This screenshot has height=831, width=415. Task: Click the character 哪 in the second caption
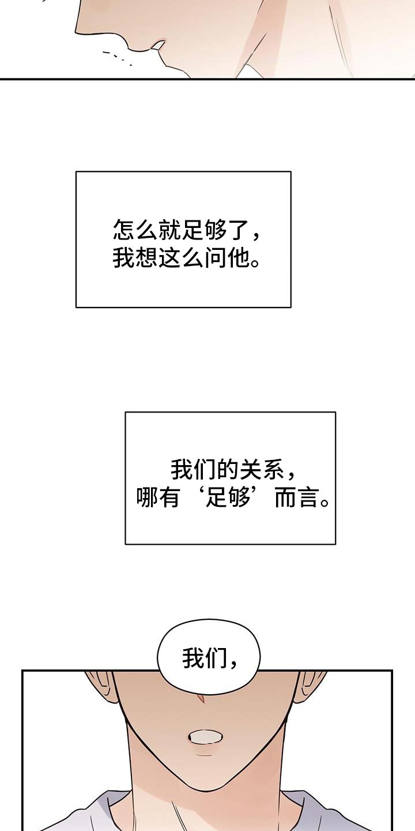click(147, 497)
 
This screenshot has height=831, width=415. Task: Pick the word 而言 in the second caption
click(297, 497)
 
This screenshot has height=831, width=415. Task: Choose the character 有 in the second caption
click(171, 497)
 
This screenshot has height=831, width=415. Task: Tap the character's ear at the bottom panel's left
click(100, 688)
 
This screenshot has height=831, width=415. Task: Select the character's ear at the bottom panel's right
click(310, 687)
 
